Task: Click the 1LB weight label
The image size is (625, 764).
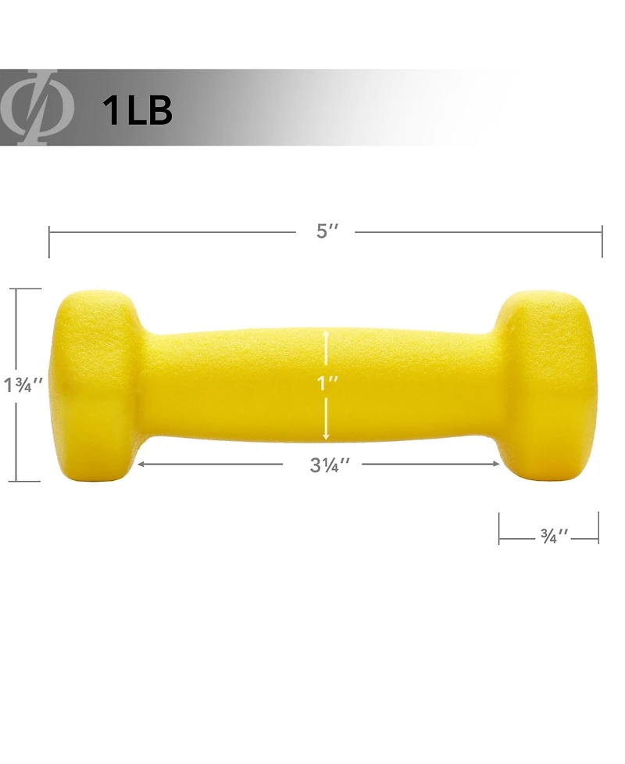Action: tap(137, 110)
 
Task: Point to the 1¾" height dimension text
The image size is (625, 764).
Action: tap(23, 385)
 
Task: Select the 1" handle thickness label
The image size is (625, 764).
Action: tap(326, 384)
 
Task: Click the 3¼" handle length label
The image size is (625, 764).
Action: tap(330, 464)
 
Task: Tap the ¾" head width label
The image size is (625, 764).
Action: tap(554, 536)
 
